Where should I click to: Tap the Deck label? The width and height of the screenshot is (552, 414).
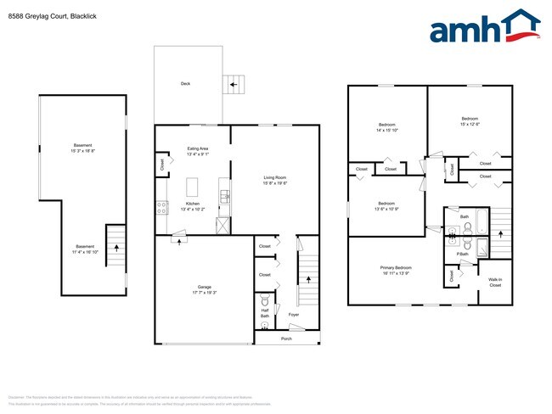(185, 83)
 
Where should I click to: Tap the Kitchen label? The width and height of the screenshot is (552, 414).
(193, 204)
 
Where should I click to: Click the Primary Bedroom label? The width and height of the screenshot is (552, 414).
(395, 268)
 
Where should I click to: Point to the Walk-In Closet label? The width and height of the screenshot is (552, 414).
(495, 283)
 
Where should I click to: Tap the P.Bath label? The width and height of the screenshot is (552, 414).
(463, 254)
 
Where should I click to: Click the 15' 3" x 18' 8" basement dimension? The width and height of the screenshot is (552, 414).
(82, 150)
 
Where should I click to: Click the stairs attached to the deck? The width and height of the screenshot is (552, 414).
(231, 83)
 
